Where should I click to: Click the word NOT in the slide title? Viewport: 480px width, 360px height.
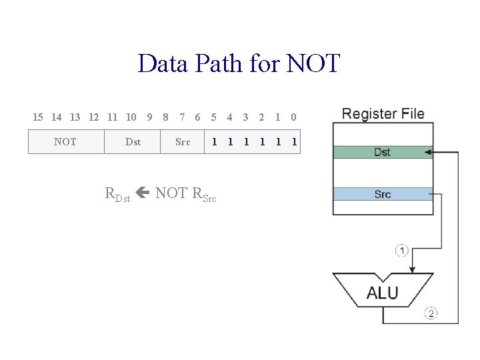click(x=313, y=64)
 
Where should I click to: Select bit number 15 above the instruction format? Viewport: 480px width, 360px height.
click(x=38, y=117)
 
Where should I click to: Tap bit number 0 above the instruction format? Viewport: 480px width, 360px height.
click(x=293, y=117)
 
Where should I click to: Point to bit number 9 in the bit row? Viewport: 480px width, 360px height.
click(x=149, y=117)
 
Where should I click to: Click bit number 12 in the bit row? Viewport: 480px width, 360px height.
click(x=94, y=117)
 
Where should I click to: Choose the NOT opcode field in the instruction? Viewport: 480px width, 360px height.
click(x=65, y=142)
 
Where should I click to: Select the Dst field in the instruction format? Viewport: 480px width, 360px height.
click(x=133, y=142)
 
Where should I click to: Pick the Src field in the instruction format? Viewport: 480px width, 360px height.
click(x=183, y=142)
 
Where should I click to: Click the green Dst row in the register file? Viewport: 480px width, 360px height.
click(x=382, y=152)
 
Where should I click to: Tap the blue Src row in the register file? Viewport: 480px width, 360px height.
click(x=382, y=194)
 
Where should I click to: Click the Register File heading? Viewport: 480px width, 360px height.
click(x=383, y=114)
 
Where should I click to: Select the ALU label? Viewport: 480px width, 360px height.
click(x=383, y=293)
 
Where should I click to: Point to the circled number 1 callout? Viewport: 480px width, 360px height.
click(x=402, y=251)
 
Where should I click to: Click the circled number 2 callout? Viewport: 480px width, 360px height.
click(x=431, y=313)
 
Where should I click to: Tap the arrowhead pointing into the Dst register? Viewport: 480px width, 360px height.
click(x=429, y=152)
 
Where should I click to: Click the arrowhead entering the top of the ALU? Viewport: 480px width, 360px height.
click(x=413, y=269)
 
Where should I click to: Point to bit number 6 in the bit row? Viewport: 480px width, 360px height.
click(x=197, y=117)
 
